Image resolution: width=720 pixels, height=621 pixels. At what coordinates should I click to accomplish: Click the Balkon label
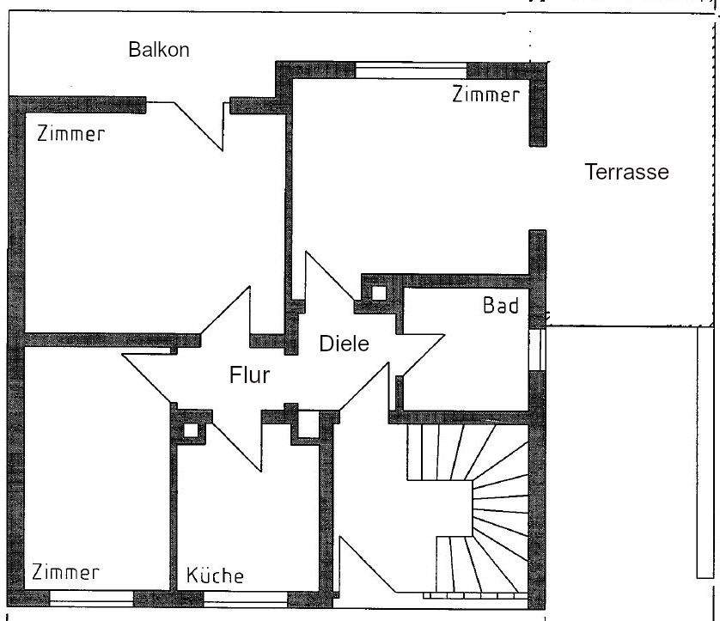(159, 49)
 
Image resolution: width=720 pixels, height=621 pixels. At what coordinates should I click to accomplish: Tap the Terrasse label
(626, 172)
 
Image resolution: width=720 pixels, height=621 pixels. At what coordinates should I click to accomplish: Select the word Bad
(501, 306)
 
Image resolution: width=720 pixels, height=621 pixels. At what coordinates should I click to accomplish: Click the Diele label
(344, 344)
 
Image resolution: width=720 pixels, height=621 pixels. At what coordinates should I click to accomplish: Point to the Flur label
(250, 375)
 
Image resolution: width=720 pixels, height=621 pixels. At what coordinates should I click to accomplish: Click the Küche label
(215, 575)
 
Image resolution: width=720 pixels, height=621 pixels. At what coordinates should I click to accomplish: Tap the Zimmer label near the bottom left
(66, 572)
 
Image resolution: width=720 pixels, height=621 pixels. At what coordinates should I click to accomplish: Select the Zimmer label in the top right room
(485, 94)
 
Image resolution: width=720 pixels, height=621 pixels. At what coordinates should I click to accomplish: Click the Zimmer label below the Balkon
(70, 134)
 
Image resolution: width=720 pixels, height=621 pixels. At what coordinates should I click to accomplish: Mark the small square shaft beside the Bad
(378, 293)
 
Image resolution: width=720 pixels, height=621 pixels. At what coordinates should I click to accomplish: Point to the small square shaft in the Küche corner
(190, 430)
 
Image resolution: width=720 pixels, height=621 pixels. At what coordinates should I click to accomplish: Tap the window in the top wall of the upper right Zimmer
(411, 70)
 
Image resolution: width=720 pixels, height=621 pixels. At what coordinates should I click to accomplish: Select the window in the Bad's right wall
(537, 350)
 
